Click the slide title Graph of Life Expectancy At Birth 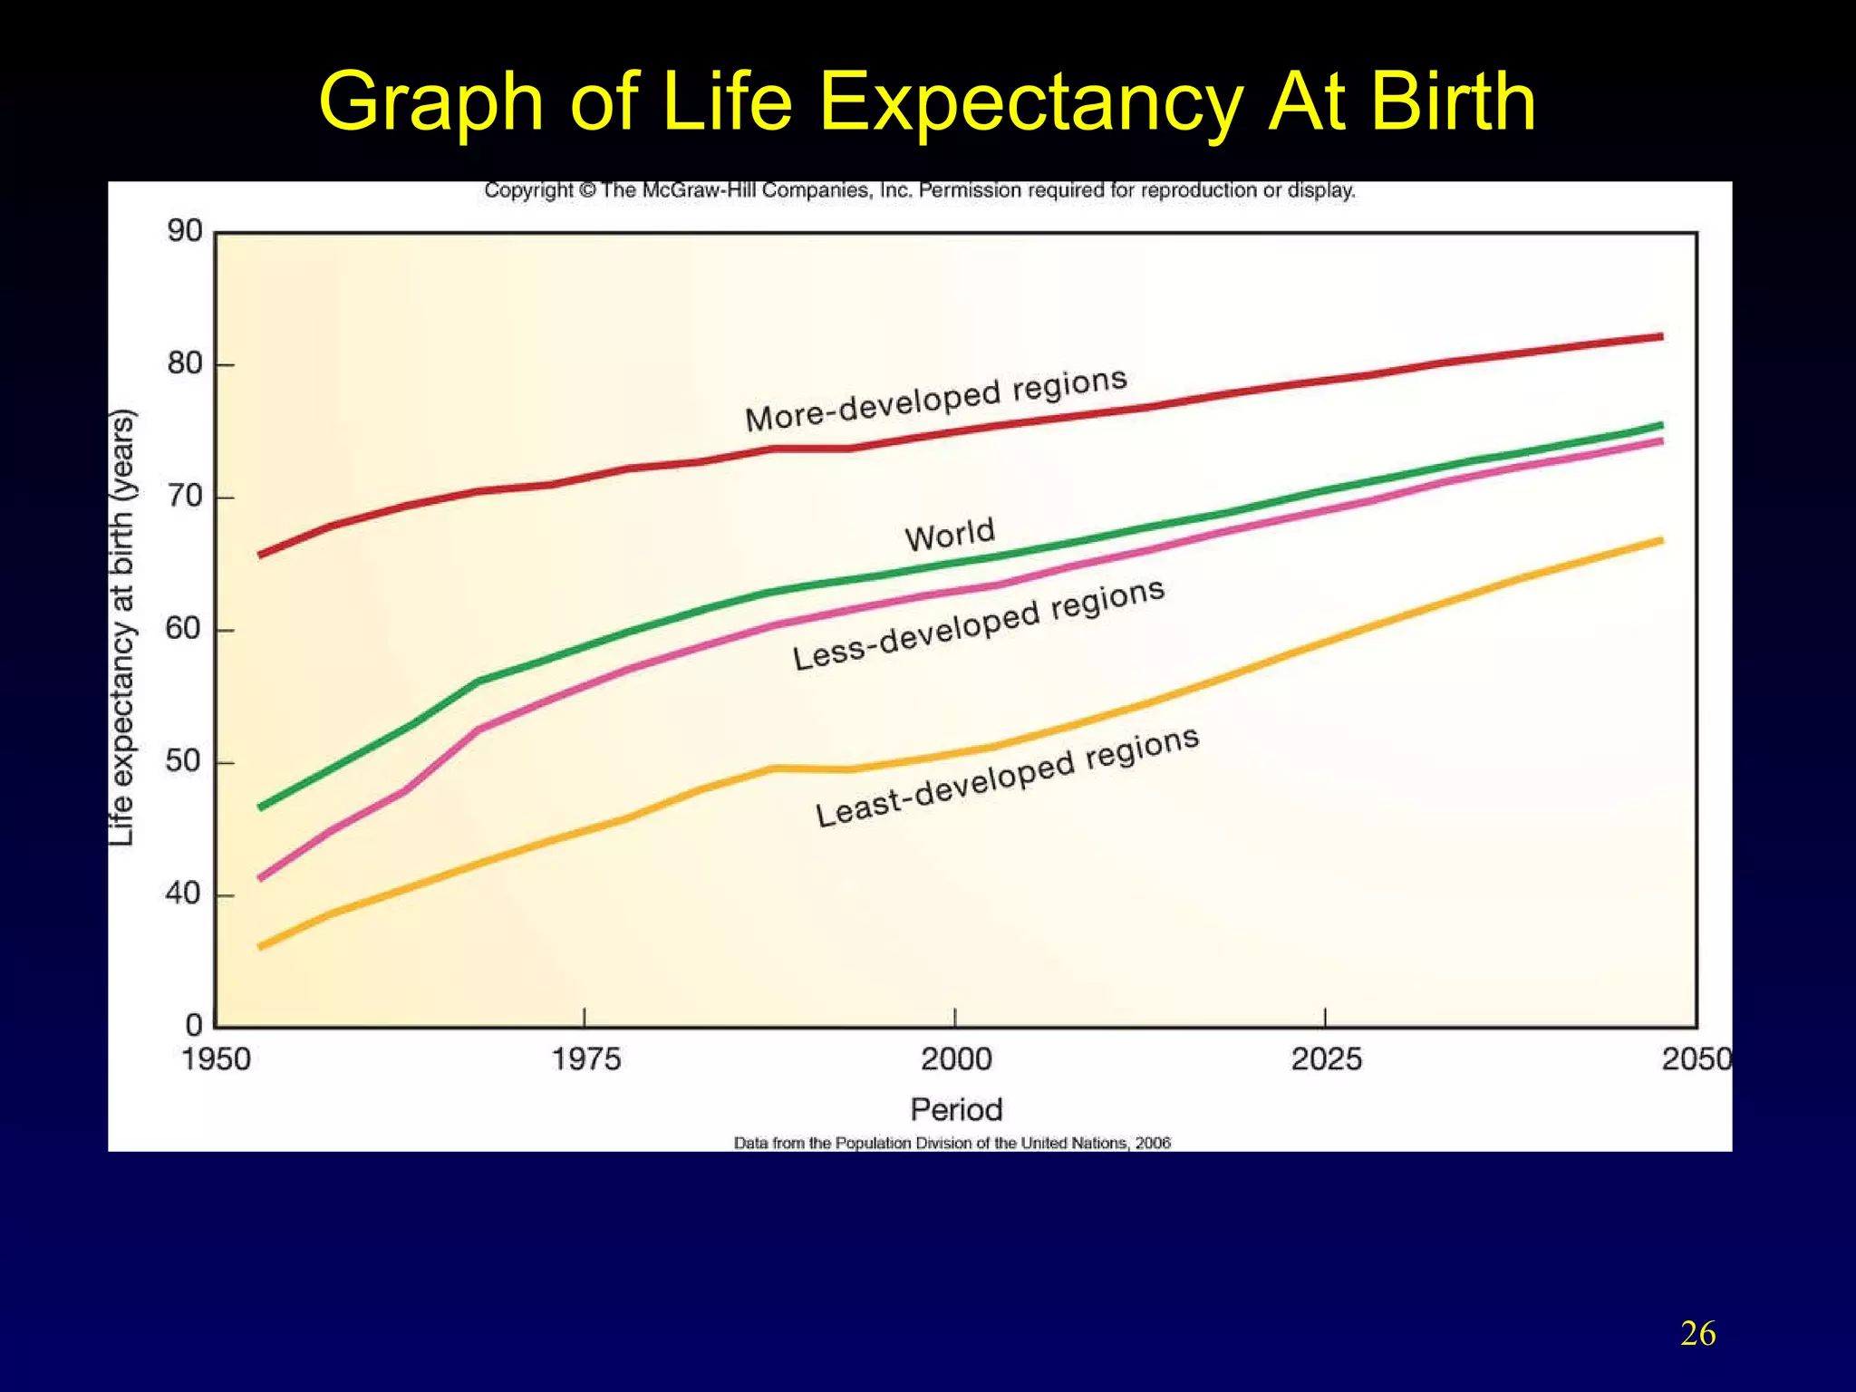pos(927,101)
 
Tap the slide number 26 pos(1697,1334)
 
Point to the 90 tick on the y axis pos(185,232)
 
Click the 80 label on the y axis pos(185,364)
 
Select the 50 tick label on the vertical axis pos(185,762)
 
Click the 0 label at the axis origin pos(194,1026)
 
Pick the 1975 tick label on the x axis pos(586,1058)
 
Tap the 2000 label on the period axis pos(956,1058)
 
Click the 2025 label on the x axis pos(1326,1058)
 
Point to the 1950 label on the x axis pos(216,1058)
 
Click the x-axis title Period pos(956,1109)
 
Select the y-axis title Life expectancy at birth pos(122,628)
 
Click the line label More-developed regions pos(936,400)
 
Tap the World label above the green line pos(950,535)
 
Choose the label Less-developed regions pos(979,624)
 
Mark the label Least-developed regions pos(1007,777)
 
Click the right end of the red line pos(1659,336)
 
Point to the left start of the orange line pos(261,947)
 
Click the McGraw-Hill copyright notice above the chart pos(919,191)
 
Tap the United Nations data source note pos(952,1144)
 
